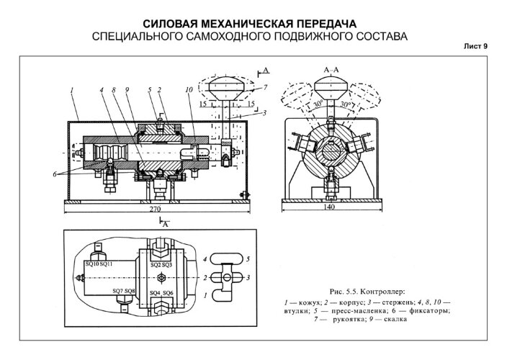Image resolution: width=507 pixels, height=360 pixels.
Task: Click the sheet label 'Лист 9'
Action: coord(474,46)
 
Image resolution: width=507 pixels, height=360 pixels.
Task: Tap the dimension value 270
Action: coord(155,209)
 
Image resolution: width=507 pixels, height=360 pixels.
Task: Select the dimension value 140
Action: coord(331,207)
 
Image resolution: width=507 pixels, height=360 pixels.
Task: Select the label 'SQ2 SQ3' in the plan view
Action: coord(161,265)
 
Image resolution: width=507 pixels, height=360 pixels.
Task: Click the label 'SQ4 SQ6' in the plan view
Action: coord(161,293)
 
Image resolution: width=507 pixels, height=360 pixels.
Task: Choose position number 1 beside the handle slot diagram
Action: coord(206,295)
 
